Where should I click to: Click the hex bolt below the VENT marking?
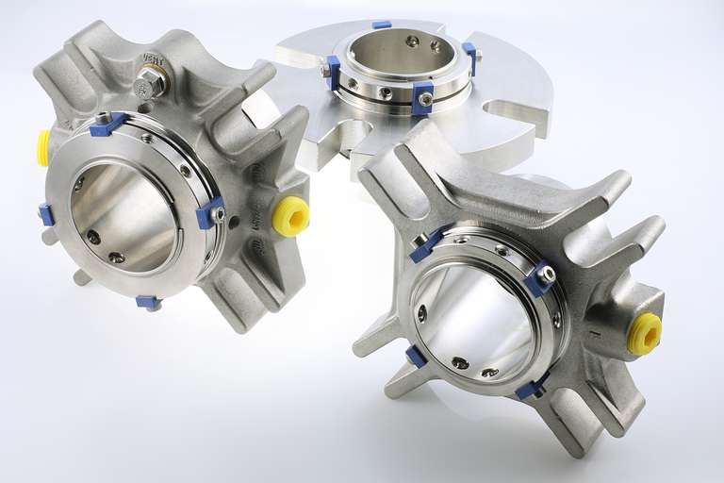150,83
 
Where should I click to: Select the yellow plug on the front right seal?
645,334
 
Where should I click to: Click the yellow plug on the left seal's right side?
290,216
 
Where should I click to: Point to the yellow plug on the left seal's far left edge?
43,148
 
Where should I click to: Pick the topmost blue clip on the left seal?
107,125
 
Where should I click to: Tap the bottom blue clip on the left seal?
148,302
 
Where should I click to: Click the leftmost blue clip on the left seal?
46,214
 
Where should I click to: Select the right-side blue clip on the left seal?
209,213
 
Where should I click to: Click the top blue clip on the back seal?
381,25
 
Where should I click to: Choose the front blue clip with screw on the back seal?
422,98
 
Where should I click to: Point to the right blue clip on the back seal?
469,57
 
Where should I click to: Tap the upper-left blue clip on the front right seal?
427,244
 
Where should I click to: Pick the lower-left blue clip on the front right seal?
416,356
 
